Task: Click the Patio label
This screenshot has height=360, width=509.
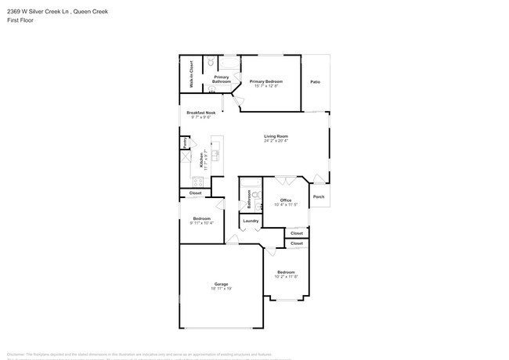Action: click(315, 82)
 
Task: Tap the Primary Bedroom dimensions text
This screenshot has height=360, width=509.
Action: click(265, 85)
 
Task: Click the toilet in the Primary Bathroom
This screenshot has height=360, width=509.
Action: click(211, 63)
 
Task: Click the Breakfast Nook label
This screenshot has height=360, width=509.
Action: click(200, 113)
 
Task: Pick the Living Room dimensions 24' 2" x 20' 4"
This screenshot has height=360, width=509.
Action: click(276, 141)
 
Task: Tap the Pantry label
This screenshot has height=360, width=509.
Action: click(184, 143)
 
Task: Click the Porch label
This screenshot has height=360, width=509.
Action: click(319, 196)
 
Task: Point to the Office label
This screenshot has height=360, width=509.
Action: click(286, 200)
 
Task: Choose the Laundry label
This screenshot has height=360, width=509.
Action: click(251, 221)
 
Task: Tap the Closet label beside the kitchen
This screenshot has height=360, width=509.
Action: click(195, 193)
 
